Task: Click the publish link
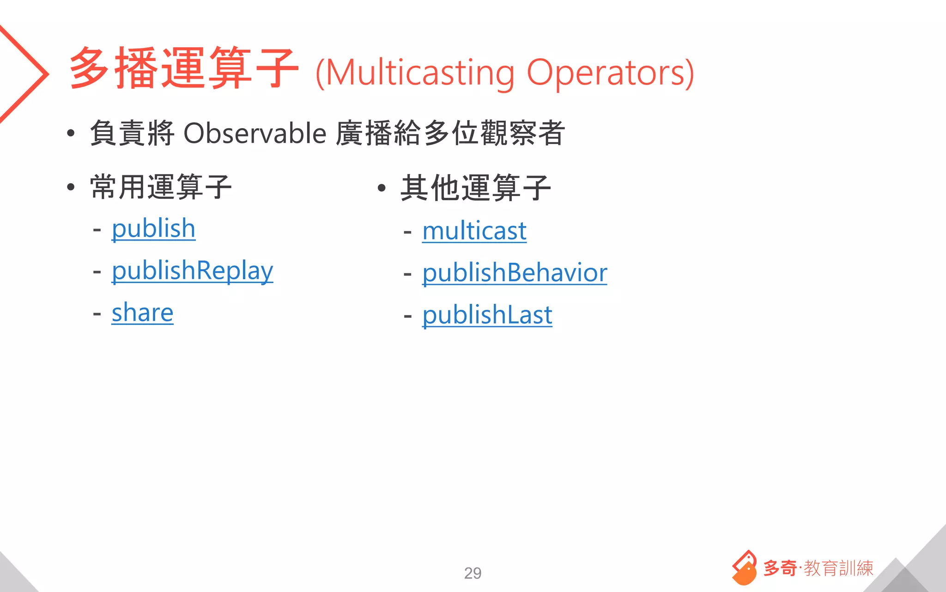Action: [x=153, y=229]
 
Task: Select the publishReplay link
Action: [x=192, y=271]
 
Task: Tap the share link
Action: [x=142, y=313]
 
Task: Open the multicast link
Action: [x=474, y=231]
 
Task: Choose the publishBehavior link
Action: [x=515, y=273]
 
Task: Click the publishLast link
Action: [x=487, y=315]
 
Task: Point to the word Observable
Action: [x=255, y=134]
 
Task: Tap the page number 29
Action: [x=473, y=573]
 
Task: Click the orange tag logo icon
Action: [x=744, y=567]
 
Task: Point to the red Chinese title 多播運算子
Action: [x=183, y=68]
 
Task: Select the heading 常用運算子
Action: [x=161, y=187]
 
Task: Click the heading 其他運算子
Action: [x=476, y=188]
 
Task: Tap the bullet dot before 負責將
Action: [x=71, y=134]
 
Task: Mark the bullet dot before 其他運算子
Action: [x=382, y=188]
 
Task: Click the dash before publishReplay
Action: [x=97, y=271]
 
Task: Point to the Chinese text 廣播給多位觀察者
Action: [x=450, y=133]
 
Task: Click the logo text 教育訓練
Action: [x=838, y=568]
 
